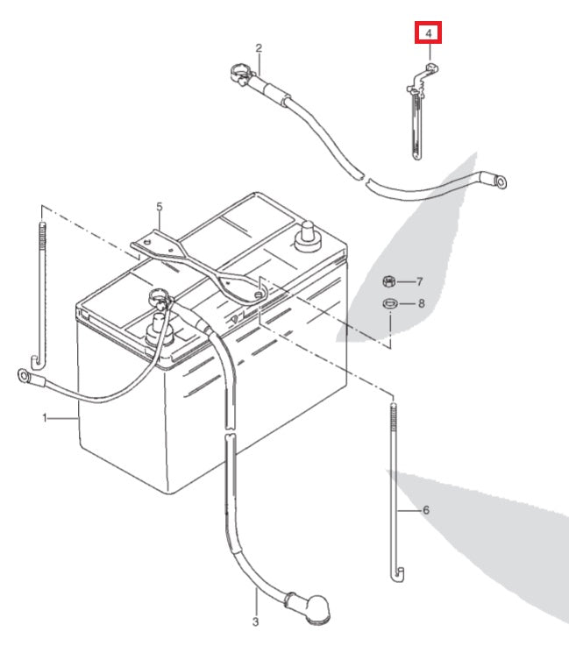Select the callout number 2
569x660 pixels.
pos(259,47)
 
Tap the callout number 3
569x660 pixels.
pos(256,623)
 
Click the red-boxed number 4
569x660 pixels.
pos(429,34)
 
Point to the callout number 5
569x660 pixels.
pos(160,207)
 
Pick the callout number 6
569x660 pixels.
pos(426,509)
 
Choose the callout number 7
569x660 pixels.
pos(419,281)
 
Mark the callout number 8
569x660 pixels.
pos(421,304)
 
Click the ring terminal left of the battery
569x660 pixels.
pos(23,378)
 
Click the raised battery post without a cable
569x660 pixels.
pos(307,234)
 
